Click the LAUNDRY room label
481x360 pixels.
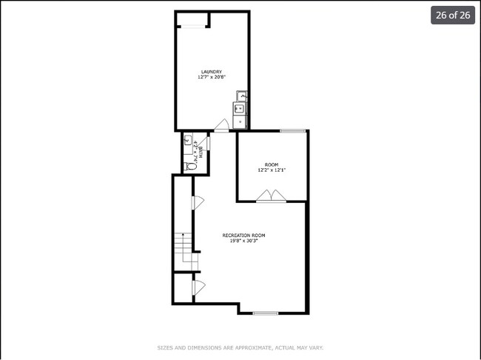(211, 72)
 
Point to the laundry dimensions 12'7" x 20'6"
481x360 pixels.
(211, 77)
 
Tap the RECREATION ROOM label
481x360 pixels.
(243, 236)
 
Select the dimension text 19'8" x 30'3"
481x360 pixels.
(243, 241)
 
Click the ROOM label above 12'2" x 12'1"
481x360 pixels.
(271, 164)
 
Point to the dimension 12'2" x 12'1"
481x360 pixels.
(271, 170)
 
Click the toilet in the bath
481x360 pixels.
(189, 167)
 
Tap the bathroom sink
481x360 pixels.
(187, 139)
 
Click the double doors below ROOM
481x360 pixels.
(271, 196)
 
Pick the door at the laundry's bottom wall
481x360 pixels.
(221, 127)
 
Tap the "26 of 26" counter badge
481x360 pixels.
(453, 16)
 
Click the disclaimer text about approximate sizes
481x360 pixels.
(240, 347)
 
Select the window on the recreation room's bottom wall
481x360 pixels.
(265, 313)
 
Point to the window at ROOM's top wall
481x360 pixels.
(292, 131)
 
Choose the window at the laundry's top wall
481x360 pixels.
(194, 26)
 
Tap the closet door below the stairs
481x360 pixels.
(198, 287)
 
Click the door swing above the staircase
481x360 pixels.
(198, 203)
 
